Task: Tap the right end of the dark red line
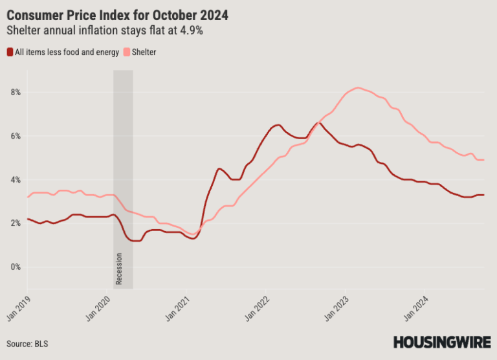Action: click(483, 195)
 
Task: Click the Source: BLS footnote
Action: click(27, 343)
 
